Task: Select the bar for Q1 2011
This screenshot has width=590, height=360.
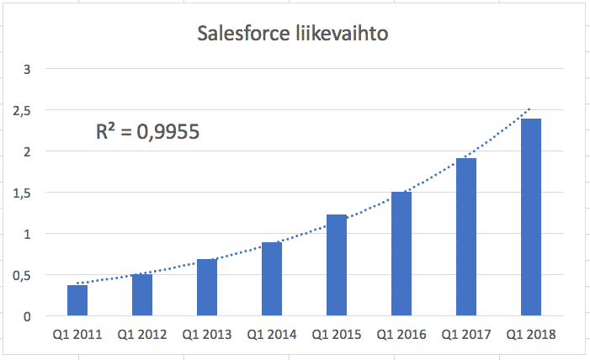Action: pyautogui.click(x=77, y=301)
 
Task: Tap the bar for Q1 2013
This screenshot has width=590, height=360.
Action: pyautogui.click(x=206, y=288)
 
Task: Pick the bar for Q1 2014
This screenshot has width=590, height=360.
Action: pyautogui.click(x=271, y=279)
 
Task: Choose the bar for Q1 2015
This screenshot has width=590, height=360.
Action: pyautogui.click(x=336, y=266)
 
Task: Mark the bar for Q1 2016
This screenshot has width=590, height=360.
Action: pyautogui.click(x=401, y=254)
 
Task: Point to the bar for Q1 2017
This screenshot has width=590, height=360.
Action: pyautogui.click(x=465, y=237)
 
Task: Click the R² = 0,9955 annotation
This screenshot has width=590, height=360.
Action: pyautogui.click(x=146, y=131)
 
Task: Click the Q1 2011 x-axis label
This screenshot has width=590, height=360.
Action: pyautogui.click(x=77, y=335)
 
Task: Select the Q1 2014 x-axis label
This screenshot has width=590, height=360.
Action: pyautogui.click(x=271, y=335)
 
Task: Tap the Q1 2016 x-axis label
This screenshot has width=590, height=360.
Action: pyautogui.click(x=401, y=335)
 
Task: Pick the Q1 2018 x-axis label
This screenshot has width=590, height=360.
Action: pyautogui.click(x=530, y=335)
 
